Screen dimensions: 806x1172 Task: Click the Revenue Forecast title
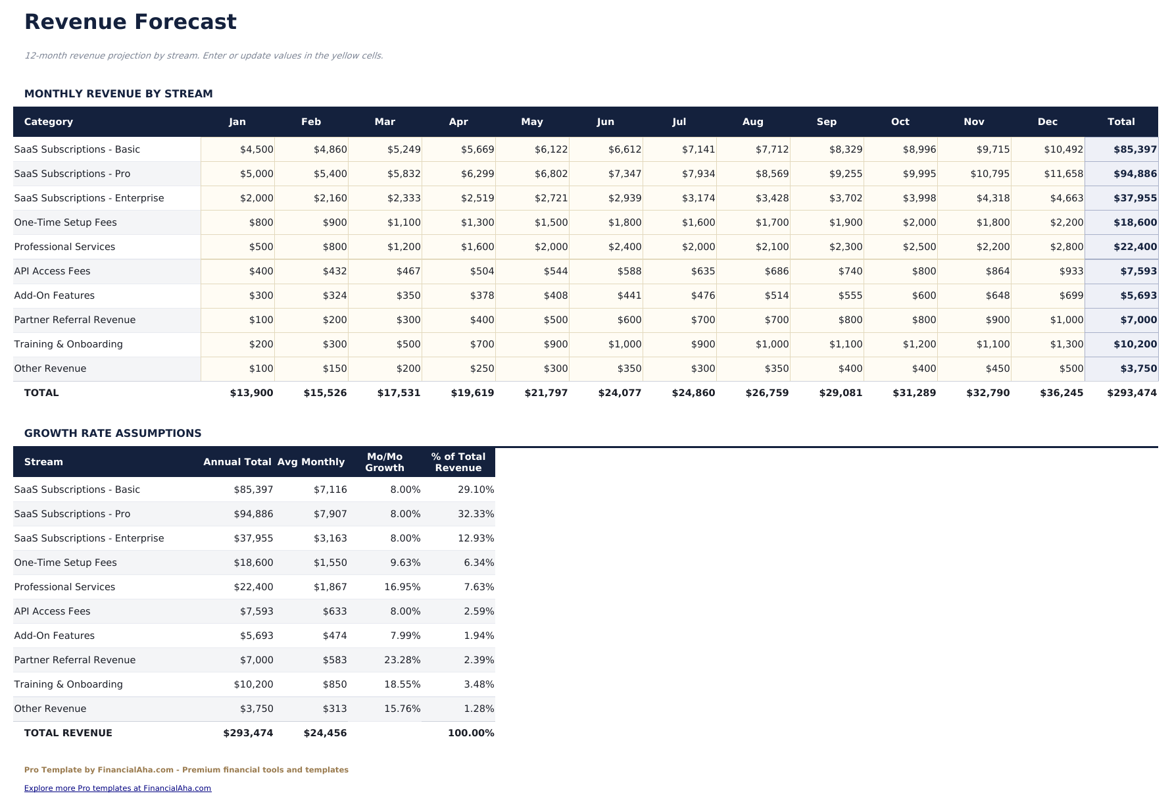coord(130,22)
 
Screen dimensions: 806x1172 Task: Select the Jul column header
coord(679,122)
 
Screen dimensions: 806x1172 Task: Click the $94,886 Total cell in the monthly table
coord(1135,174)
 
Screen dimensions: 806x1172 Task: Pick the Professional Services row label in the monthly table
coord(64,247)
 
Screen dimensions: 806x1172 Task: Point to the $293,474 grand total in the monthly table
coord(1131,393)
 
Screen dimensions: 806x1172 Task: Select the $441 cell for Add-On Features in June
coord(629,295)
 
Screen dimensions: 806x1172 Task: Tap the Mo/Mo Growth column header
coord(385,462)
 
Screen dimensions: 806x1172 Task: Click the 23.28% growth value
coord(402,660)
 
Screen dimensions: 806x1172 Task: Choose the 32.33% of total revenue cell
coord(476,514)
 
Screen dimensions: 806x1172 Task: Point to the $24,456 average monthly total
coord(325,733)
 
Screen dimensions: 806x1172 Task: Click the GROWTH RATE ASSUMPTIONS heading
coord(112,433)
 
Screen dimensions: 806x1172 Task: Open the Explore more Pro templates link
coord(118,788)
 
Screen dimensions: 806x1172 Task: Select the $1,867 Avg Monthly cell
coord(330,587)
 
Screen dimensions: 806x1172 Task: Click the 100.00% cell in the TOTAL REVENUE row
coord(471,733)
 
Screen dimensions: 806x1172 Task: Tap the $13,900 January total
coord(251,393)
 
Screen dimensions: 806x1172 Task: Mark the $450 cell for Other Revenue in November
coord(998,368)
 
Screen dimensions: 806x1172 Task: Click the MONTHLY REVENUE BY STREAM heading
coord(118,93)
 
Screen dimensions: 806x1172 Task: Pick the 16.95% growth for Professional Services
coord(402,587)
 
